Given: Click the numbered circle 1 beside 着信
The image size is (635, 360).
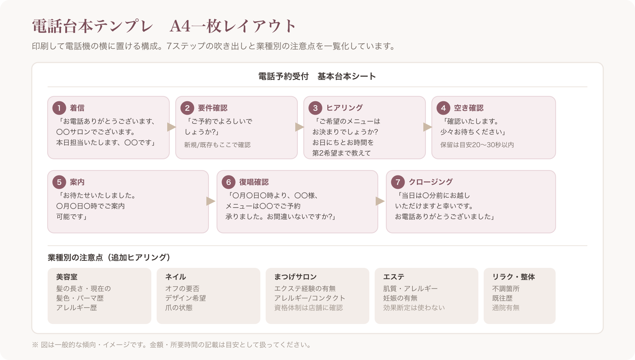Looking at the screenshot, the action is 59,108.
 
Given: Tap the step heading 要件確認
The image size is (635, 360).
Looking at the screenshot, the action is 212,108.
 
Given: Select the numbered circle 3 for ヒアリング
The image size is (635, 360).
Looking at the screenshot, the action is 315,108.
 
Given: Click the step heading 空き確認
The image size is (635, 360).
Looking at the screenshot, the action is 468,108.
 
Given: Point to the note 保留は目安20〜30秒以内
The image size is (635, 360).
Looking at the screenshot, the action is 477,145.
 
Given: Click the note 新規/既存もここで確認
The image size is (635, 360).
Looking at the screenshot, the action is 217,145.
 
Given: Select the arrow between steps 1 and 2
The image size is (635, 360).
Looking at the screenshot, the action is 172,127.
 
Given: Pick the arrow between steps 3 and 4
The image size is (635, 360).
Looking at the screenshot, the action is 428,127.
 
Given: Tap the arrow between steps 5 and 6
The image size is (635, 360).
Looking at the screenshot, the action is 211,201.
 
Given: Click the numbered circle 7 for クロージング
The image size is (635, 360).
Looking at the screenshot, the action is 398,182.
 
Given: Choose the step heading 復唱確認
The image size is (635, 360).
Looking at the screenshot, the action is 254,182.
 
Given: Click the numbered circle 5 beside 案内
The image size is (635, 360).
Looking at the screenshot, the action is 59,182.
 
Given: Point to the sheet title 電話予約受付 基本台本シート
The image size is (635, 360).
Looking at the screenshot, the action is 317,76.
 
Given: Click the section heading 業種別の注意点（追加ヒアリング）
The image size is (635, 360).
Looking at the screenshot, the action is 109,258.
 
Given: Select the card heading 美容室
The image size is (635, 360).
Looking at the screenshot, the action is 67,277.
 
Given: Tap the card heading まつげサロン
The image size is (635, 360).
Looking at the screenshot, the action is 296,277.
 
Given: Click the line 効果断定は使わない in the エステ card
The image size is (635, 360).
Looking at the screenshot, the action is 414,308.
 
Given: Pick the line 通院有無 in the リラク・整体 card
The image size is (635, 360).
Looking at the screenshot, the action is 506,308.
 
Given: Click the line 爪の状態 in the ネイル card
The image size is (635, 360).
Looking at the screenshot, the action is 179,308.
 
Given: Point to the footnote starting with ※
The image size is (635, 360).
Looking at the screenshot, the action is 172,345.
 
